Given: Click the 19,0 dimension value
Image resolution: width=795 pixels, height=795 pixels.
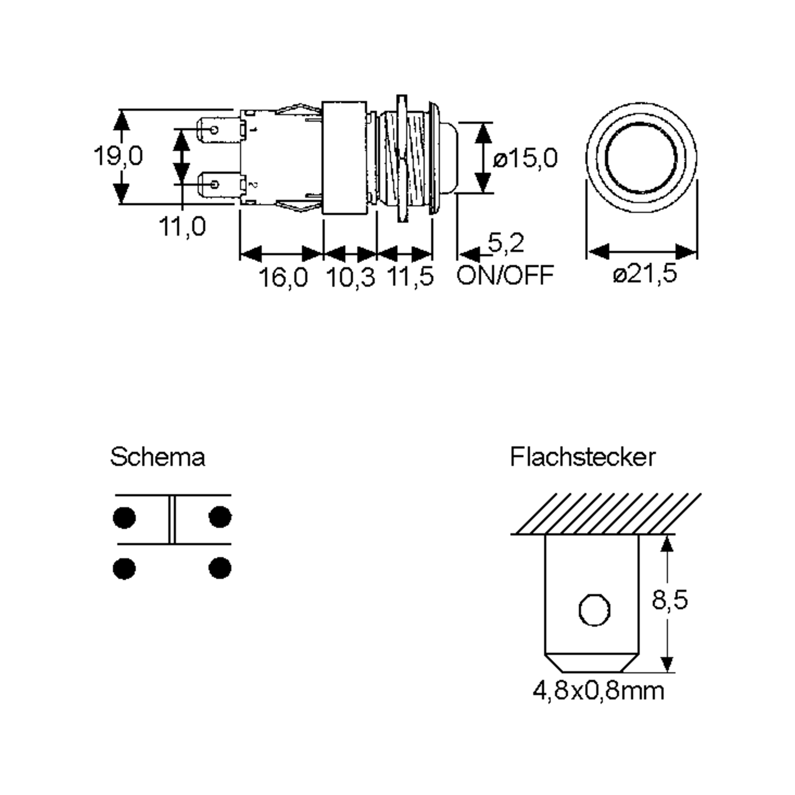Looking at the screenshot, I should [118, 156].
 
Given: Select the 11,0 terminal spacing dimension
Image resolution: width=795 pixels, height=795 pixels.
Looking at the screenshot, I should [182, 226].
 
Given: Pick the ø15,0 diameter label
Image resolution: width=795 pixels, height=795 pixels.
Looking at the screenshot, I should [525, 158].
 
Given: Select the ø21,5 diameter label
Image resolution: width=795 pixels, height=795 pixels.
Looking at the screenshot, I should [644, 273].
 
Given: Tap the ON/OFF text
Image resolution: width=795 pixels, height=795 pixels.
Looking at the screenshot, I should [505, 275].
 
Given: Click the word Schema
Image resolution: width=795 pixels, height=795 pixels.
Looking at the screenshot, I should [157, 457].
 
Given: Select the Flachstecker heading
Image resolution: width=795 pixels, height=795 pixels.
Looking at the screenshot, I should [582, 457].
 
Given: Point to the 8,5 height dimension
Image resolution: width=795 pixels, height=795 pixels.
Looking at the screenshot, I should [669, 600].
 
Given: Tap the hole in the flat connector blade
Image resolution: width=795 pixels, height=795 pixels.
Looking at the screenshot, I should [594, 610].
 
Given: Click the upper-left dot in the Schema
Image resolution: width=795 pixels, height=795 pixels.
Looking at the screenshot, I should [124, 517].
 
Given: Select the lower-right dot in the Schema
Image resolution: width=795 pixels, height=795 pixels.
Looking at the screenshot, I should [220, 568].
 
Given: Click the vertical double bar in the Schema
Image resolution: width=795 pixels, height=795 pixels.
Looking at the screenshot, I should [172, 519].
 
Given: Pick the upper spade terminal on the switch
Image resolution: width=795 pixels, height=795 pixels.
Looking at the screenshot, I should [218, 131].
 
